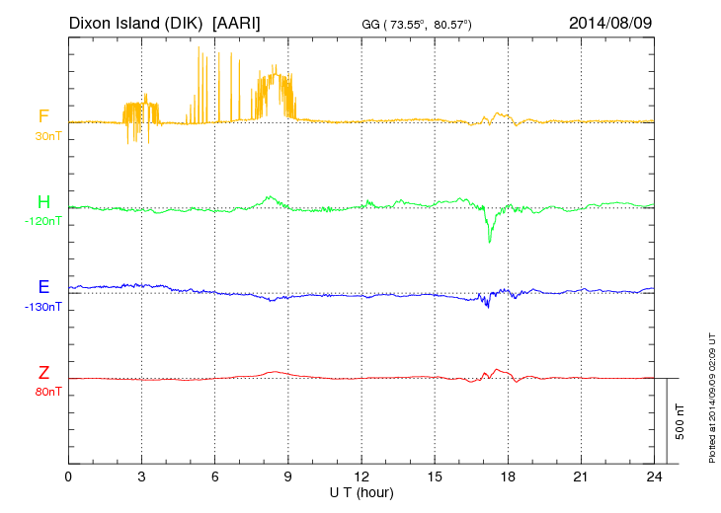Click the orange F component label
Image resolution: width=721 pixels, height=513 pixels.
click(43, 117)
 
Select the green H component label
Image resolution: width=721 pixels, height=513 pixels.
click(43, 203)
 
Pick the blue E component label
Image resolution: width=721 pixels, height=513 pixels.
click(43, 287)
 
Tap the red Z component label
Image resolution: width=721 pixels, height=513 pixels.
click(43, 373)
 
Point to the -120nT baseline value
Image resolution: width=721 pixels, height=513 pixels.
click(44, 221)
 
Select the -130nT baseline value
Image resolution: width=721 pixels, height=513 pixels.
click(44, 307)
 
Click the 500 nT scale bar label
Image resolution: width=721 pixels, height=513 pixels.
click(681, 421)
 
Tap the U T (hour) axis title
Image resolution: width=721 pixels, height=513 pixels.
click(361, 492)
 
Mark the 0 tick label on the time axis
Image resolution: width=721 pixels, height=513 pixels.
click(69, 476)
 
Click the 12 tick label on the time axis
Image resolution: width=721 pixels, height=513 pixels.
click(361, 476)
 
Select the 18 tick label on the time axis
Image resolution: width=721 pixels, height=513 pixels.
click(508, 476)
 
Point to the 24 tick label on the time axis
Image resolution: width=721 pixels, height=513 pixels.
click(654, 476)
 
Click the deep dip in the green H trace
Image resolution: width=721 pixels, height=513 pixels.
click(490, 238)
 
